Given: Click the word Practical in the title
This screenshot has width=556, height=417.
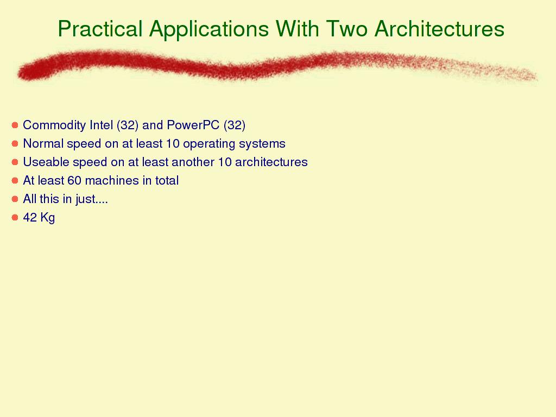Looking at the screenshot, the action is click(100, 28).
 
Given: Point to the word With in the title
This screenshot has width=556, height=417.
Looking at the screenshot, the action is click(297, 28).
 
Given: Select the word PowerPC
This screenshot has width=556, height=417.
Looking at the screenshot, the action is click(193, 125).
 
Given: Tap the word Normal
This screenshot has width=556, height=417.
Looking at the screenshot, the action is click(43, 143).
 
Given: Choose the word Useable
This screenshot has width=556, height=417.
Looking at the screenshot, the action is click(46, 162).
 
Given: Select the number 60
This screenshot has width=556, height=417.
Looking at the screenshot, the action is click(74, 180).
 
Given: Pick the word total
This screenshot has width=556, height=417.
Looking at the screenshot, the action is click(167, 180).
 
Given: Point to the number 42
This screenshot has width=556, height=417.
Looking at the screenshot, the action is click(30, 217).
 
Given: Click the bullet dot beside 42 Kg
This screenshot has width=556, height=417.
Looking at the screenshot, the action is click(15, 217).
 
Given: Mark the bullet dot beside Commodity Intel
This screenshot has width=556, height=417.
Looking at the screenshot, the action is click(15, 125).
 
